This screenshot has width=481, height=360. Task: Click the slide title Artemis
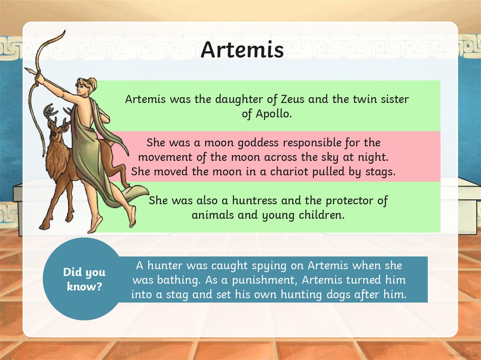(x=242, y=50)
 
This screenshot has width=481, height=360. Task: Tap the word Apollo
(x=273, y=114)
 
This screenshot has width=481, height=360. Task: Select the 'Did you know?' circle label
(x=85, y=279)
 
